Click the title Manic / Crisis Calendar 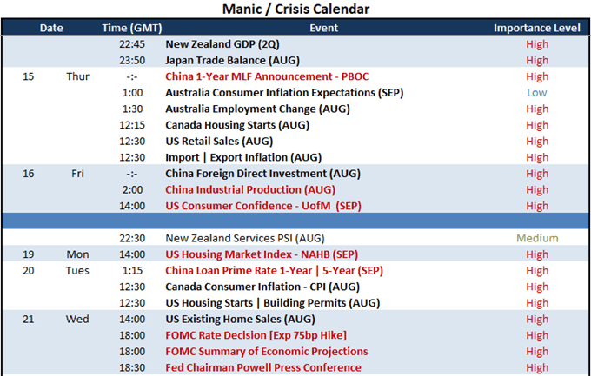295,9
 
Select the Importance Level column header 537,28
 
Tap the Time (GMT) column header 132,29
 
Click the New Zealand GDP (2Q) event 222,44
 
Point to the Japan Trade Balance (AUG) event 233,61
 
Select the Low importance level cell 537,93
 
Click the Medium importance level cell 537,238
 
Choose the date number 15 29,76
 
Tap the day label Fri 77,174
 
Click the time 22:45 132,44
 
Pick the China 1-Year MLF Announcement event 267,76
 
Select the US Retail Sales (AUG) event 219,142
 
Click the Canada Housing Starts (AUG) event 237,125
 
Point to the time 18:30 132,367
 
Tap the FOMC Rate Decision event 256,335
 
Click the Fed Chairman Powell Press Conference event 263,367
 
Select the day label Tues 77,271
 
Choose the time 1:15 132,271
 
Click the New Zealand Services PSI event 245,238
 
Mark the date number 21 29,319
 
